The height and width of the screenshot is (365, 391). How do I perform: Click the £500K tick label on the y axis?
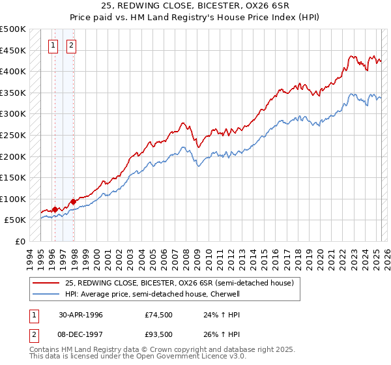coord(13,29)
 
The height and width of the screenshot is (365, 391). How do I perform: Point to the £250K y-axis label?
coord(13,135)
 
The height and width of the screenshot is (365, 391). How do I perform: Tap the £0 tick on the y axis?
coord(21,241)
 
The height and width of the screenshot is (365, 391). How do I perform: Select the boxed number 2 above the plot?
coord(71,46)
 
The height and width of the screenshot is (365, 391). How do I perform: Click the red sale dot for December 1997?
coord(73,201)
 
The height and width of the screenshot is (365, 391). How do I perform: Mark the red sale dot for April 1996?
coord(55,209)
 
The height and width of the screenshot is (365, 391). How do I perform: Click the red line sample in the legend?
coord(46,283)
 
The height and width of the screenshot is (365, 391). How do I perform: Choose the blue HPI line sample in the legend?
coord(46,294)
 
